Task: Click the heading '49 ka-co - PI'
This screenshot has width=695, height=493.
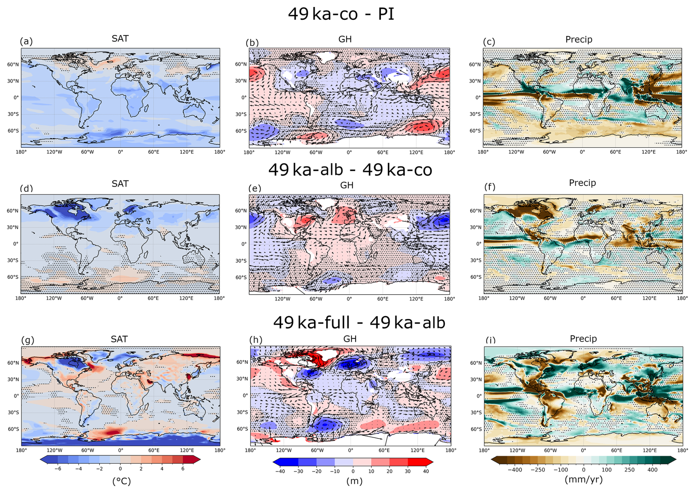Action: point(341,14)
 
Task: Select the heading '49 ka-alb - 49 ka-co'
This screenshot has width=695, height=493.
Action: point(350,170)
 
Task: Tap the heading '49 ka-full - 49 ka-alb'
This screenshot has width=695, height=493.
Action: point(359,323)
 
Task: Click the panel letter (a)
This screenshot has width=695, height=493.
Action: point(26,41)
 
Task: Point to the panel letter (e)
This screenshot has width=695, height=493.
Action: point(255,188)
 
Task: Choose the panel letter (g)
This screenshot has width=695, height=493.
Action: point(28,340)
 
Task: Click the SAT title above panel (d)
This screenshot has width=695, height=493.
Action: point(120,183)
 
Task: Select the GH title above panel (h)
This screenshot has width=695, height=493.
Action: point(350,339)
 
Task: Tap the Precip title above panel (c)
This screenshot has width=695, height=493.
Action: point(579,39)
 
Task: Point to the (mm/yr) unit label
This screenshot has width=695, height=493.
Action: point(583,479)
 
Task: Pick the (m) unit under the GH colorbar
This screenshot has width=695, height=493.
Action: point(354,481)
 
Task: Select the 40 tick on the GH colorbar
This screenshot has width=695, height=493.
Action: point(426,471)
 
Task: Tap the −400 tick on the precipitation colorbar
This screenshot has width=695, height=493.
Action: point(514,469)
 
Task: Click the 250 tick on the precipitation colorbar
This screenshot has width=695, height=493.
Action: point(629,469)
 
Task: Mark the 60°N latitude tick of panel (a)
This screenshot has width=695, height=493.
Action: point(13,64)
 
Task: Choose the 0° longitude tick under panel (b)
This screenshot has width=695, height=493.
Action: point(349,152)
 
